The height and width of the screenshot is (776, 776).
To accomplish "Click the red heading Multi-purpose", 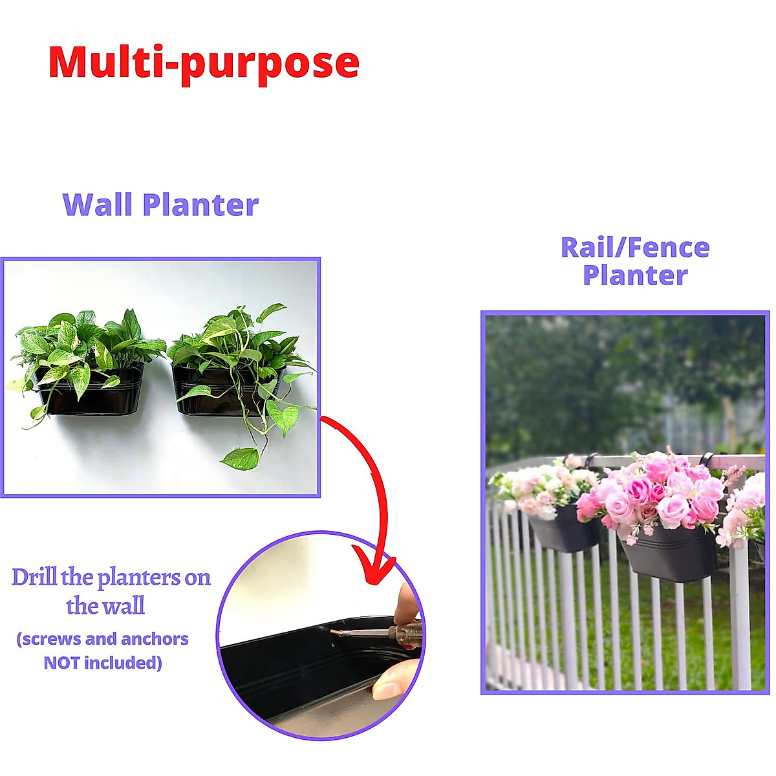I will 204,63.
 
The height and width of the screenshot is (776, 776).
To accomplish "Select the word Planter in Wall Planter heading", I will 200,205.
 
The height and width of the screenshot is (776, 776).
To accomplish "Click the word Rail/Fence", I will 635,248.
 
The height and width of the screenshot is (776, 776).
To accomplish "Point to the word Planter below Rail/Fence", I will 635,275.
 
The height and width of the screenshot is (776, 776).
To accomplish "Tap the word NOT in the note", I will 61,663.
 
